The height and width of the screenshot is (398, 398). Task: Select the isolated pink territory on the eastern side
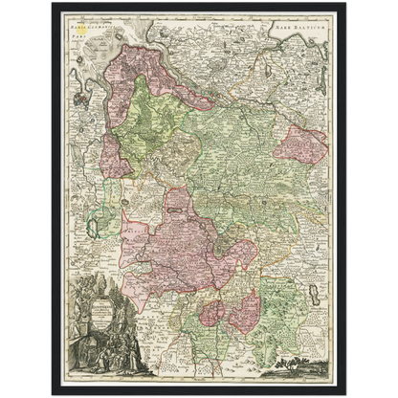click(299, 144)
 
